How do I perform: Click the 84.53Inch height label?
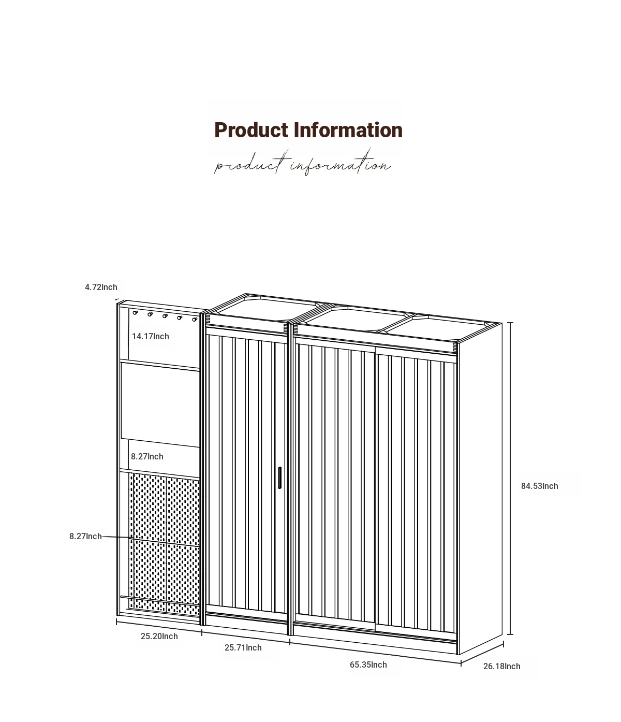click(x=539, y=486)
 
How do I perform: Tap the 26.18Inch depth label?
click(x=501, y=666)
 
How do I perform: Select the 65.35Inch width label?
click(x=368, y=665)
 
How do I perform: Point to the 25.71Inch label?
click(x=243, y=647)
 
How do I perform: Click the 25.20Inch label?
click(x=159, y=636)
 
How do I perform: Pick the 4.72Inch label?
click(x=101, y=287)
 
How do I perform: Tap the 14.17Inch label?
click(x=151, y=336)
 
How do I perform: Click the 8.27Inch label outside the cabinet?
click(x=85, y=536)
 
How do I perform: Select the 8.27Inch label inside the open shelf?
click(x=147, y=456)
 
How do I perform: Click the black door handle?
click(x=279, y=478)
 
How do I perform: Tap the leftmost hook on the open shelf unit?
click(x=135, y=313)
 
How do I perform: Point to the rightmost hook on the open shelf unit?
click(x=195, y=319)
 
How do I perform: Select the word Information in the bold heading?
click(x=348, y=130)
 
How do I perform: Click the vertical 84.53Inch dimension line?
click(x=510, y=478)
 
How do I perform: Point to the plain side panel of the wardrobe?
click(x=480, y=489)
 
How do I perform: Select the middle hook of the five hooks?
click(x=165, y=316)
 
